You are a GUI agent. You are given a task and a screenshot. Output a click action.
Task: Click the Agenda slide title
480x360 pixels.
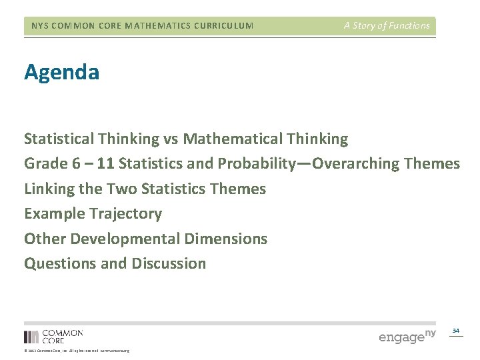[x=62, y=72]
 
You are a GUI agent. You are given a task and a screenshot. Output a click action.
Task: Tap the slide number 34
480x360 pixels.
[x=456, y=330]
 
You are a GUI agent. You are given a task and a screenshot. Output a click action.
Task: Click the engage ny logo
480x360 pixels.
[x=407, y=335]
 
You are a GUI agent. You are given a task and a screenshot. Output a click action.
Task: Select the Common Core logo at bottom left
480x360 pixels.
[x=53, y=336]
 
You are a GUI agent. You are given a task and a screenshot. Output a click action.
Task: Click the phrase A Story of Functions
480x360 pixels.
[x=387, y=26]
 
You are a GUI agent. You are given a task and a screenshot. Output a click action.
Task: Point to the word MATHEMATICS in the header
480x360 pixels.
[x=148, y=26]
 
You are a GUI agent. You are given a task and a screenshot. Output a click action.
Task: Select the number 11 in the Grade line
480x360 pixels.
[x=106, y=163]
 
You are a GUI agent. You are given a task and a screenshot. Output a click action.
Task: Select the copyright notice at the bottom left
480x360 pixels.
[x=77, y=351]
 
